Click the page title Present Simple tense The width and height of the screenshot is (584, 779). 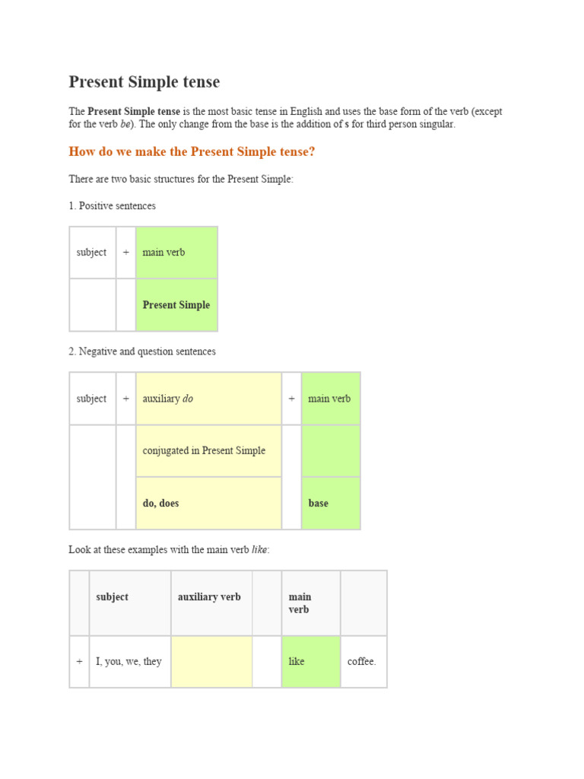(x=144, y=82)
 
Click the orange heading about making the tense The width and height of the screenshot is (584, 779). (x=192, y=152)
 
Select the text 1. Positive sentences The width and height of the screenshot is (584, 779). (x=112, y=206)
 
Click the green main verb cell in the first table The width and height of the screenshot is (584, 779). (x=176, y=253)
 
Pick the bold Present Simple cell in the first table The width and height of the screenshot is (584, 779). (x=176, y=305)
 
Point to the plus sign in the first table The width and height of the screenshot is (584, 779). (x=125, y=253)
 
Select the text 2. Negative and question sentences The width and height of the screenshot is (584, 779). (x=142, y=351)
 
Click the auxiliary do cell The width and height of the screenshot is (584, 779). (x=208, y=399)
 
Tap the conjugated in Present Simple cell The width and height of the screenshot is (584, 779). (x=208, y=450)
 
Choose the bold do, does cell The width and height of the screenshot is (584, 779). (x=208, y=503)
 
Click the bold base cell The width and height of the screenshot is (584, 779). (x=330, y=503)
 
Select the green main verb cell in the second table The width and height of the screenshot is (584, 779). (x=330, y=399)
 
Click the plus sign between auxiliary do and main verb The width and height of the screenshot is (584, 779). (x=291, y=399)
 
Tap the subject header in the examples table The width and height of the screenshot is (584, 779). (x=113, y=597)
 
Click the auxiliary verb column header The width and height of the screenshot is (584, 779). (x=209, y=597)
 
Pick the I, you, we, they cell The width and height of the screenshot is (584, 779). (x=129, y=662)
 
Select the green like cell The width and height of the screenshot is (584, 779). (x=297, y=662)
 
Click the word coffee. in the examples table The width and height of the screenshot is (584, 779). (x=362, y=662)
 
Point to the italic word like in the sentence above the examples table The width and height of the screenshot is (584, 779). (x=259, y=550)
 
